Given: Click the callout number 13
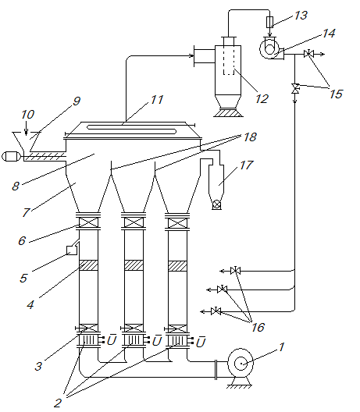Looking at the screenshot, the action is click(x=301, y=16).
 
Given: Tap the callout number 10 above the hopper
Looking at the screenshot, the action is click(x=27, y=115).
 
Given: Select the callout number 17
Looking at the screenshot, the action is click(x=246, y=165).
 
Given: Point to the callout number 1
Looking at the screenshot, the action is click(x=282, y=346).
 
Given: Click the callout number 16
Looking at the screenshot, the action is click(x=258, y=328).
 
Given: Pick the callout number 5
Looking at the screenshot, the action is click(x=23, y=278).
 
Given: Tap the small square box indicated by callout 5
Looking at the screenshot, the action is click(x=72, y=250).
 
